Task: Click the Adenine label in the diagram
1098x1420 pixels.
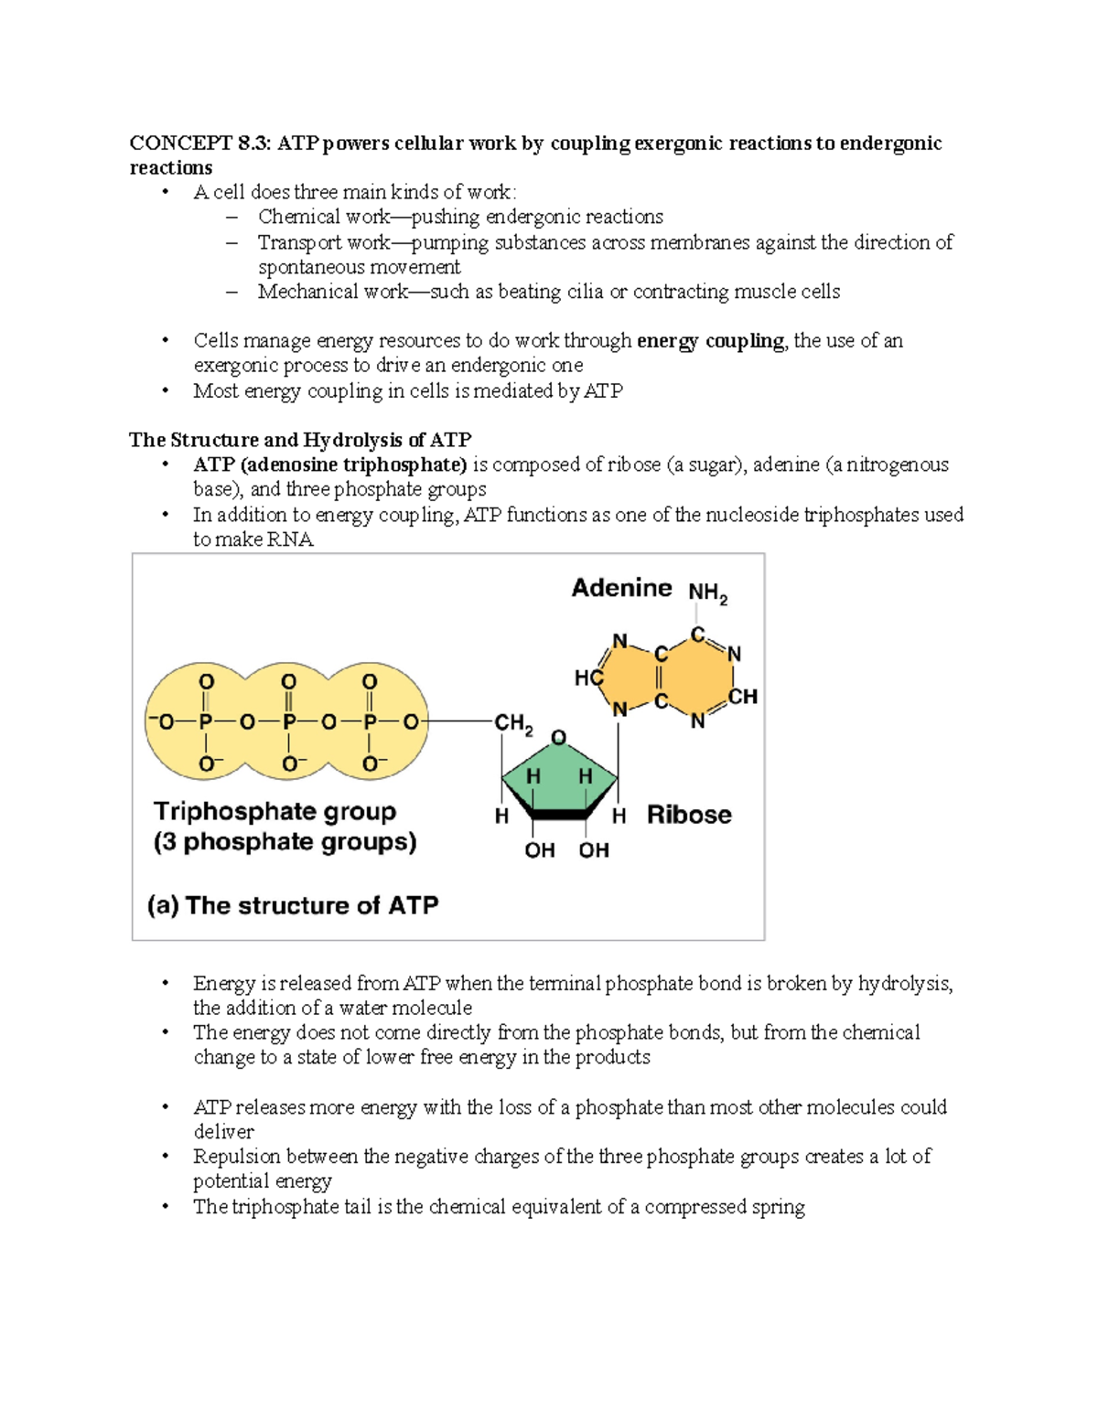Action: pyautogui.click(x=621, y=588)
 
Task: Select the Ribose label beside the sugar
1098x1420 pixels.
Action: pyautogui.click(x=689, y=815)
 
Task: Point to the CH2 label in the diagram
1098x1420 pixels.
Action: pyautogui.click(x=512, y=723)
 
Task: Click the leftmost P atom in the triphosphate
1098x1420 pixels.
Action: pyautogui.click(x=206, y=722)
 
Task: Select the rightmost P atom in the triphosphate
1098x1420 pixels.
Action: pyautogui.click(x=370, y=722)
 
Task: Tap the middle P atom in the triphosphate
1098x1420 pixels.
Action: pyautogui.click(x=288, y=722)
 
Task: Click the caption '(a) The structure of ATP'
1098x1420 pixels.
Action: pyautogui.click(x=293, y=905)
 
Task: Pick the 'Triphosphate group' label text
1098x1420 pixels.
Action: pyautogui.click(x=274, y=812)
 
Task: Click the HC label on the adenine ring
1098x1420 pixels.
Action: pyautogui.click(x=588, y=678)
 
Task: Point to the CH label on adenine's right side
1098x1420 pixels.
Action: pyautogui.click(x=743, y=697)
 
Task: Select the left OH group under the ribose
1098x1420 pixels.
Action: pyautogui.click(x=539, y=850)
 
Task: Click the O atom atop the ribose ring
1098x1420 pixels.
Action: pyautogui.click(x=558, y=737)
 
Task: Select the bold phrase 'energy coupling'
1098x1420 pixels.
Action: pyautogui.click(x=710, y=341)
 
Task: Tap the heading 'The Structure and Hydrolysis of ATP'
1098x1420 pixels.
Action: pyautogui.click(x=300, y=440)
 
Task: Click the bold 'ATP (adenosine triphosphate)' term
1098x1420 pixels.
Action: pyautogui.click(x=330, y=464)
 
